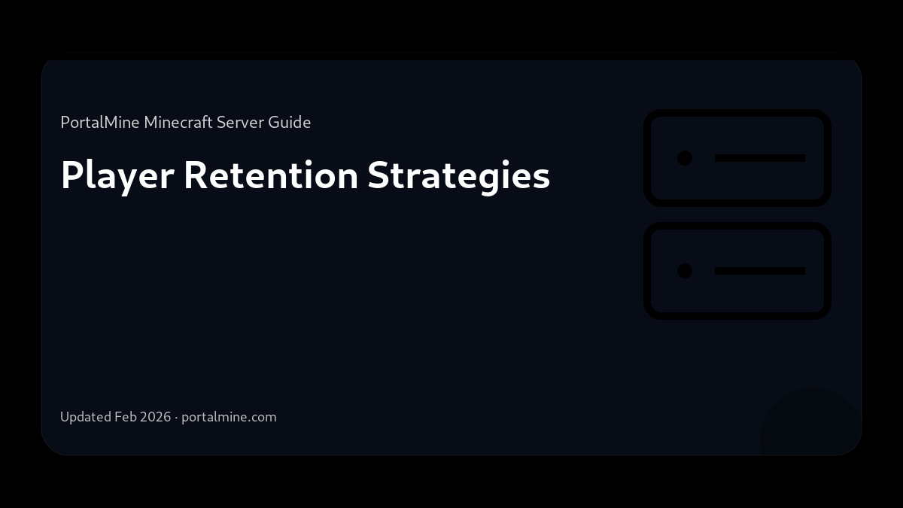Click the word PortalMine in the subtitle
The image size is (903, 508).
(100, 122)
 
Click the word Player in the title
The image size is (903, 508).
(118, 176)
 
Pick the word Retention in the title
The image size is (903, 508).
(271, 175)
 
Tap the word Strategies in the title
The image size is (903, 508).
(458, 176)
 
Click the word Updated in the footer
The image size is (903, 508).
(86, 417)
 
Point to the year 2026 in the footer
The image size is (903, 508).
(155, 417)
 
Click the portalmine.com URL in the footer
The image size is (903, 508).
(229, 417)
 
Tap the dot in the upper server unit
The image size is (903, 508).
(685, 158)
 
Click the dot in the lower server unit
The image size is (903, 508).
(685, 271)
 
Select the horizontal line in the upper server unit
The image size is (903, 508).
(760, 158)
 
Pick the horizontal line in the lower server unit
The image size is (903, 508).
(760, 271)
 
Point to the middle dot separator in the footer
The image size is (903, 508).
(176, 417)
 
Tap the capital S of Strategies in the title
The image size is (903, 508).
(379, 175)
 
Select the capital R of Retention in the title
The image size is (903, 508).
(195, 175)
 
